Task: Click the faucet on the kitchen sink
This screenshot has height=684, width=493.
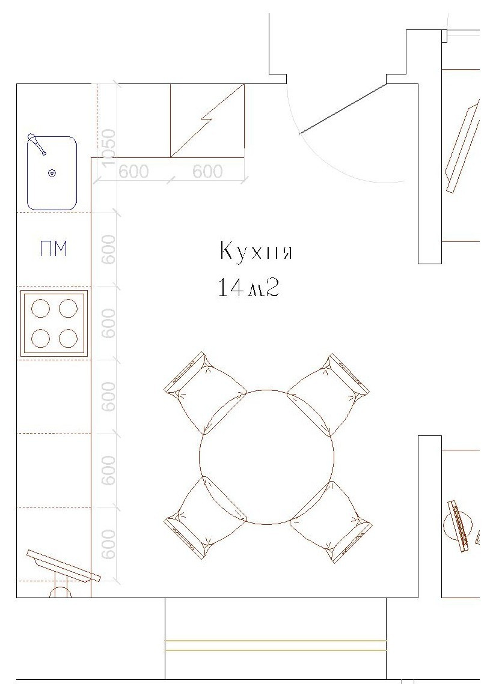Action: (x=37, y=144)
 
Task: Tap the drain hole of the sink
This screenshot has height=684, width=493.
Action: (x=52, y=174)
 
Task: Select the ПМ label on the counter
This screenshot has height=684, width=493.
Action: (x=53, y=249)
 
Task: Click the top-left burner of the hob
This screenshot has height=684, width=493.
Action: (x=40, y=309)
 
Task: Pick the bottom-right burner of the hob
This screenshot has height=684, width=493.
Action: (x=69, y=338)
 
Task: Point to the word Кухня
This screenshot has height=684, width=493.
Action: (x=256, y=251)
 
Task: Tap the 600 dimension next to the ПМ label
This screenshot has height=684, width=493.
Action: (x=108, y=249)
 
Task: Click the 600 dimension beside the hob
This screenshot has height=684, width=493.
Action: (x=108, y=323)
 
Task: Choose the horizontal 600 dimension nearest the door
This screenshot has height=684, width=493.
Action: (x=207, y=171)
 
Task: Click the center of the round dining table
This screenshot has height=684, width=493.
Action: (x=267, y=456)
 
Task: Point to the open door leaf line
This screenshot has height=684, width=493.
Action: (x=343, y=109)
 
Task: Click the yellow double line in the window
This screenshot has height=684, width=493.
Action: (x=275, y=645)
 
